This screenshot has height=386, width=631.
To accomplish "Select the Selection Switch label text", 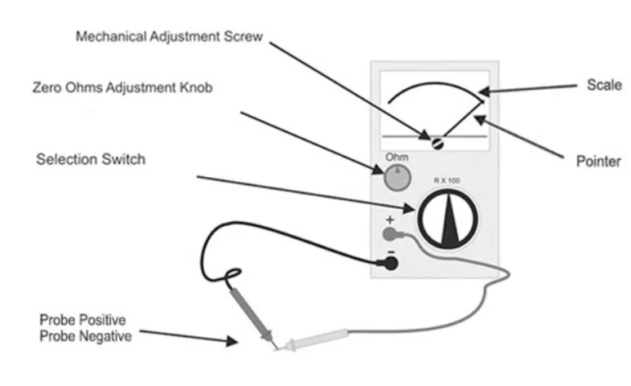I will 91,158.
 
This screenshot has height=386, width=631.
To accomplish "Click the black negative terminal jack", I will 391,263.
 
